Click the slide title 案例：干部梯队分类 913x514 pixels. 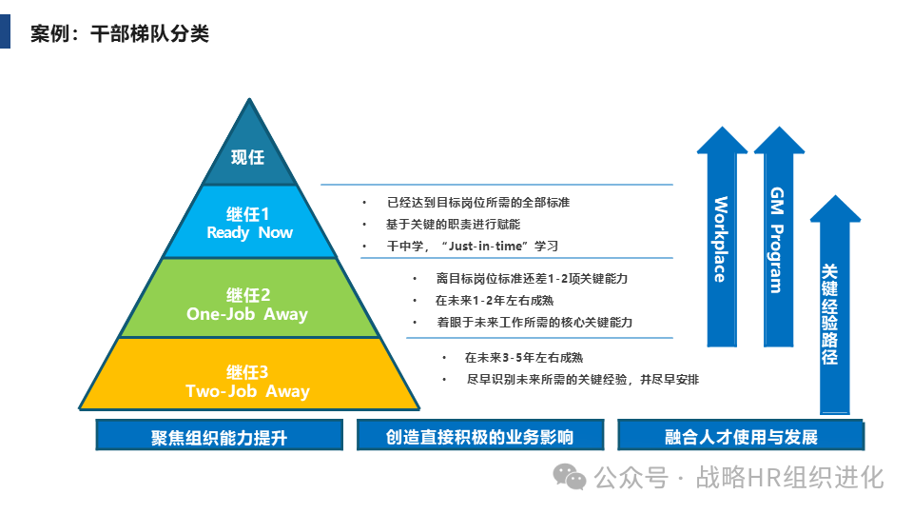[119, 34]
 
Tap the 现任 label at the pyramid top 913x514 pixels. [248, 157]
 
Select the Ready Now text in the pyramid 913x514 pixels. [250, 233]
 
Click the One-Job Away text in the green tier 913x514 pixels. [247, 314]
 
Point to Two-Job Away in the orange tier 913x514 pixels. [247, 391]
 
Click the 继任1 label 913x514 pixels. [248, 214]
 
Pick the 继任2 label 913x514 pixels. [248, 295]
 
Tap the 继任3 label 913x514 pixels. [248, 372]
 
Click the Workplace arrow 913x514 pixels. [722, 238]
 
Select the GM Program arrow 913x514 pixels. [778, 238]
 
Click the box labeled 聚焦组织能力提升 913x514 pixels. [219, 437]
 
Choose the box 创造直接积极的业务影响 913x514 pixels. [479, 437]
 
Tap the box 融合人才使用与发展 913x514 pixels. [741, 437]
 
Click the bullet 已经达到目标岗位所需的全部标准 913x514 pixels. [477, 203]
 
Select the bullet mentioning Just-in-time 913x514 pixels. [472, 246]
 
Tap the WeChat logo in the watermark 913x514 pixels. [571, 477]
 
